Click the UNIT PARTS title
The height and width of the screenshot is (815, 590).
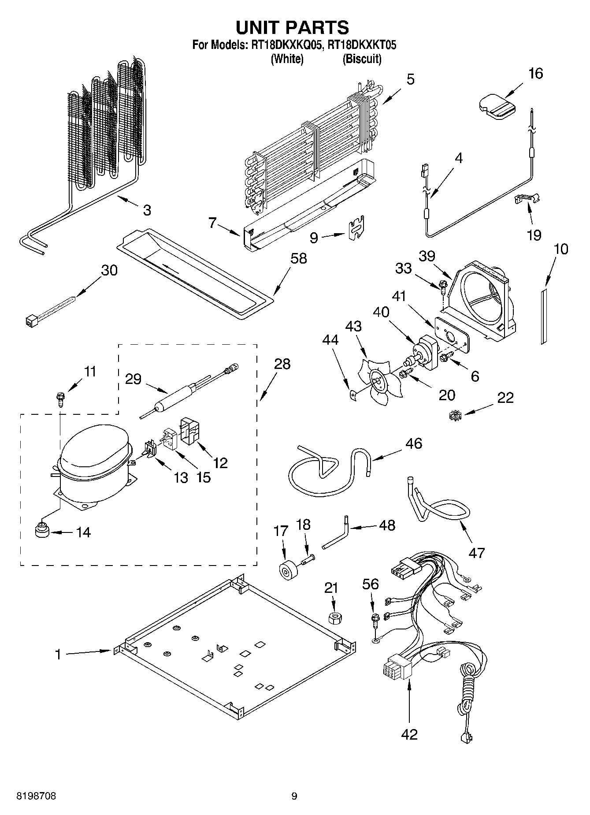[x=292, y=27]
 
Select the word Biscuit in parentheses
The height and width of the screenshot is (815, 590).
[x=362, y=59]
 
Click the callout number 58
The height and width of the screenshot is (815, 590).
[x=298, y=258]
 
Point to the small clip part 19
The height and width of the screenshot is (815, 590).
[x=527, y=199]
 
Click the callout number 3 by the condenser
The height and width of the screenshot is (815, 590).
[x=147, y=210]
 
